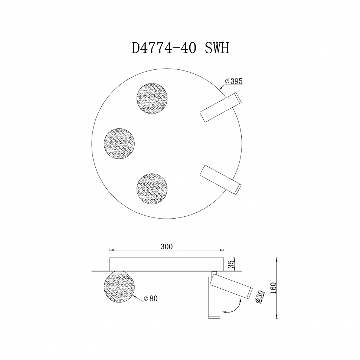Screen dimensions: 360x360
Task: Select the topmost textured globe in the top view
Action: pyautogui.click(x=152, y=99)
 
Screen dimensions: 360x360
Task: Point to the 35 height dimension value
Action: pyautogui.click(x=231, y=264)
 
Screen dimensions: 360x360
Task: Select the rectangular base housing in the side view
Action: pyautogui.click(x=167, y=264)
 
